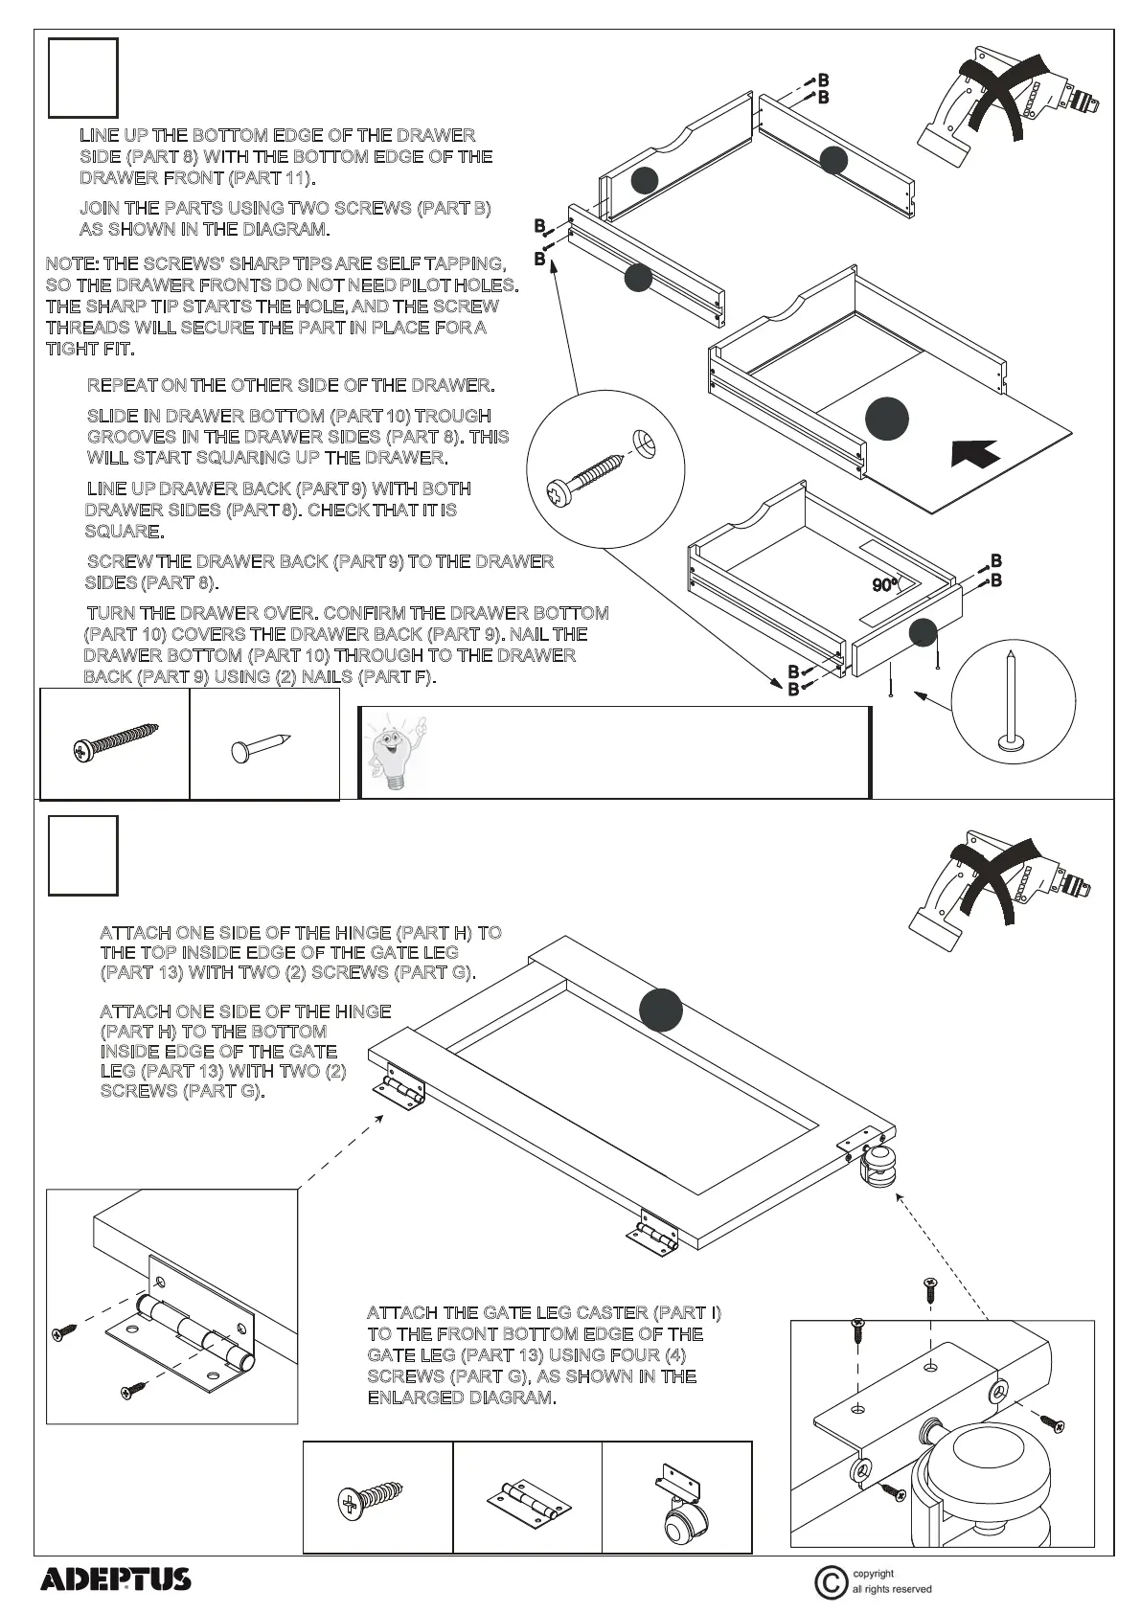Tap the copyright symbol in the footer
click(830, 1581)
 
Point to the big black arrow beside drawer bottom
click(975, 452)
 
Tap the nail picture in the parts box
click(260, 747)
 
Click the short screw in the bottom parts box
click(374, 1500)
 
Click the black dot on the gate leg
click(660, 1009)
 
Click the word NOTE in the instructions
click(71, 263)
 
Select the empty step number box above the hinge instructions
click(83, 854)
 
